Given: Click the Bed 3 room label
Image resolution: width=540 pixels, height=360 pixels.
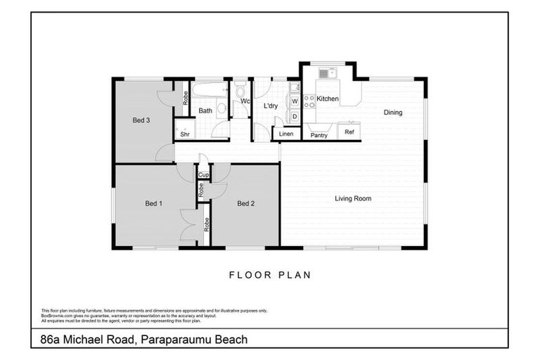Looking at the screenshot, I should [x=141, y=120].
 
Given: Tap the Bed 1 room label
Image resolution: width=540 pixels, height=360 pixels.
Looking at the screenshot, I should [x=154, y=204].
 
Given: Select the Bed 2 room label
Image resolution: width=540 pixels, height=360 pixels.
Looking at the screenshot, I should [x=245, y=204].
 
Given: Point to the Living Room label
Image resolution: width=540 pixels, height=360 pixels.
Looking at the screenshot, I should [x=352, y=199].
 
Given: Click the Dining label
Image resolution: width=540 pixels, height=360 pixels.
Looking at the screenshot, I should [x=392, y=112].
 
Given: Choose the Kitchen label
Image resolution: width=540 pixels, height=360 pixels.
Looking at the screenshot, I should [x=328, y=99].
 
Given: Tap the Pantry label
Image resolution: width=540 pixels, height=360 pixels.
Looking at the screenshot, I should [x=319, y=135].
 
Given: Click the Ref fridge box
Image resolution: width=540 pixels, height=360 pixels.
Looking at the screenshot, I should [x=349, y=131].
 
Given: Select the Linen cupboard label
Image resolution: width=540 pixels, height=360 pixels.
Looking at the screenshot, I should [x=286, y=134].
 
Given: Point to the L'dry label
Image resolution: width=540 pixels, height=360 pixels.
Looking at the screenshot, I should [x=271, y=106].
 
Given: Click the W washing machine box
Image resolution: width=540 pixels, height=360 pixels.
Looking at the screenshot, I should [x=295, y=101].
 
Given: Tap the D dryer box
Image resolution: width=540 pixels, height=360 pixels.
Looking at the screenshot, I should [x=295, y=116].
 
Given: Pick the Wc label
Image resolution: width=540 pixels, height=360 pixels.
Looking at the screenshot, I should [x=245, y=101].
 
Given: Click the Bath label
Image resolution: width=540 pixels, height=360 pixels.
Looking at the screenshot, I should [x=205, y=111].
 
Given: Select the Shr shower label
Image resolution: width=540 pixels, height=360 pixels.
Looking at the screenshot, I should [x=185, y=134].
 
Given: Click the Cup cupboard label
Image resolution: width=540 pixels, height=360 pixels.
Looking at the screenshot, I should [x=203, y=175].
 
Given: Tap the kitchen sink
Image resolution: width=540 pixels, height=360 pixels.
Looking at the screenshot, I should [x=328, y=73].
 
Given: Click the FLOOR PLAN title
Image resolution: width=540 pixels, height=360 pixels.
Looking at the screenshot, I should [x=270, y=275].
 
